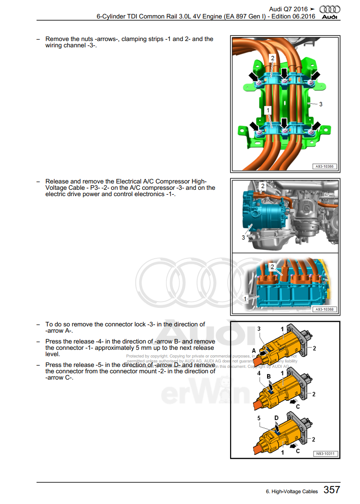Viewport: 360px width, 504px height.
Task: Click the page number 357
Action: point(332,490)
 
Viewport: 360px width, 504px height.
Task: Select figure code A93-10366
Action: point(324,166)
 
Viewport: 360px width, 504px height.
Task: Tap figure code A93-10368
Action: point(324,309)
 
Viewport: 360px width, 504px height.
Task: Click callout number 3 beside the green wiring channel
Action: point(321,104)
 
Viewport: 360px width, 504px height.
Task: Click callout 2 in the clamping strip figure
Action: point(272,58)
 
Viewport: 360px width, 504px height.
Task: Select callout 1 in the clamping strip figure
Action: point(268,110)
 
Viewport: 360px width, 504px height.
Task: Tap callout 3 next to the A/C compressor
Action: point(243,237)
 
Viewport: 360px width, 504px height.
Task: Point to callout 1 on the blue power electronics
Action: point(245,298)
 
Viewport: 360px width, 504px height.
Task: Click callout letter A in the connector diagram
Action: point(254,350)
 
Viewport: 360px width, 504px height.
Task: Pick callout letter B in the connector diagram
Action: point(268,376)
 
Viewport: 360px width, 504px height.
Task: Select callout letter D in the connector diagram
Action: point(276,418)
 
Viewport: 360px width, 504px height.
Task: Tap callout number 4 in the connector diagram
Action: point(259,373)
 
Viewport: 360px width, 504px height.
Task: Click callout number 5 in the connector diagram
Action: point(259,418)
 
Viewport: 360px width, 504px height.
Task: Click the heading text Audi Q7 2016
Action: point(288,9)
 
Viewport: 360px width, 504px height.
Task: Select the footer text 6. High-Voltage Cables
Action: point(292,491)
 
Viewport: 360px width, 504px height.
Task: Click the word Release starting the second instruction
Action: point(57,181)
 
